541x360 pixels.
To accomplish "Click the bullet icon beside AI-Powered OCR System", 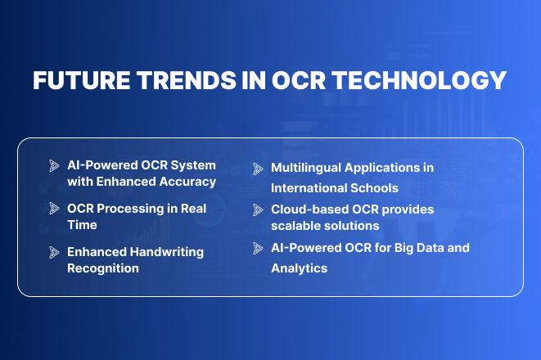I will tap(54, 165).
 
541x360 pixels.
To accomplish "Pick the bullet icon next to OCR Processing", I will tap(54, 208).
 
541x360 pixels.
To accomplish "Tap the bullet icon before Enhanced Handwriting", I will tap(54, 251).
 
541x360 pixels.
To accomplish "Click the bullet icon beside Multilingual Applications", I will tap(259, 167).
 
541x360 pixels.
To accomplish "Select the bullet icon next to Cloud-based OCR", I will tap(259, 209).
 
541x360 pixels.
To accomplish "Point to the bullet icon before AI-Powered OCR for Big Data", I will tap(259, 248).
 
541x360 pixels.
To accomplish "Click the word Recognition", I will tap(102, 268).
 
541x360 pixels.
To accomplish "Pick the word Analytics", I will tap(299, 268).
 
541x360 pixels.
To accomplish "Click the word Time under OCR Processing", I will tap(82, 224).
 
